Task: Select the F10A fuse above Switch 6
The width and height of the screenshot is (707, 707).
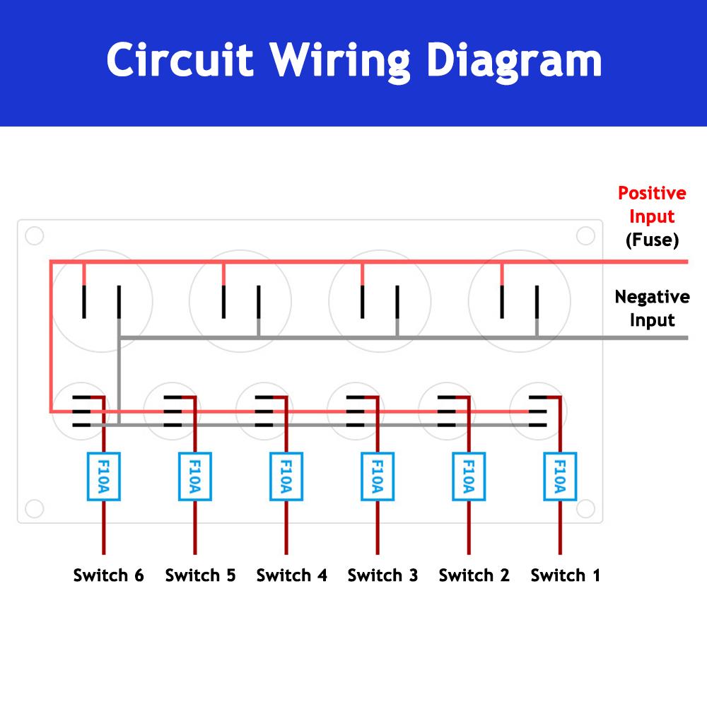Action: (x=104, y=477)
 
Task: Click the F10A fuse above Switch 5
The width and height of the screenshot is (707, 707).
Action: (x=195, y=477)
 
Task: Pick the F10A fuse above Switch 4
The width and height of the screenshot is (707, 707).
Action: (x=286, y=477)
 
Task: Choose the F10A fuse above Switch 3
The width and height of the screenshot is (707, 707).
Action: (x=378, y=477)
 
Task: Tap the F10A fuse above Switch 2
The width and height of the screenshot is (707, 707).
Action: (x=468, y=477)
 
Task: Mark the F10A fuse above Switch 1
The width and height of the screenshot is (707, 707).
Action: (x=560, y=477)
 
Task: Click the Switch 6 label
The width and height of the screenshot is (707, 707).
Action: (x=108, y=575)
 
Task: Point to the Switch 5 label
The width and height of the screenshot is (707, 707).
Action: (x=200, y=575)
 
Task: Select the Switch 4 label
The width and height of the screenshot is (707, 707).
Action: (x=291, y=575)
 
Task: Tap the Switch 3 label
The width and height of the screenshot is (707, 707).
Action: (x=382, y=575)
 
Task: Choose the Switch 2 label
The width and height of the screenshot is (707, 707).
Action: (x=474, y=575)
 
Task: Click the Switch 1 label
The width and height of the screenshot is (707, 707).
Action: (x=565, y=575)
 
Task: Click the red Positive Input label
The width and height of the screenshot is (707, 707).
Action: (x=652, y=204)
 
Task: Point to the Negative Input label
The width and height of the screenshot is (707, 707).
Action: (x=652, y=308)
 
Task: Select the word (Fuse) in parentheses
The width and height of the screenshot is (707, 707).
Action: (x=652, y=240)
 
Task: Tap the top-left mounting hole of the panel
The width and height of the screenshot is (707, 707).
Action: (x=34, y=235)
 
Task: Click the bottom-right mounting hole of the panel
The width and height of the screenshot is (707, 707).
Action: (x=585, y=508)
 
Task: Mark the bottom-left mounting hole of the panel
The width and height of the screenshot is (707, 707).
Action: (x=34, y=508)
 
